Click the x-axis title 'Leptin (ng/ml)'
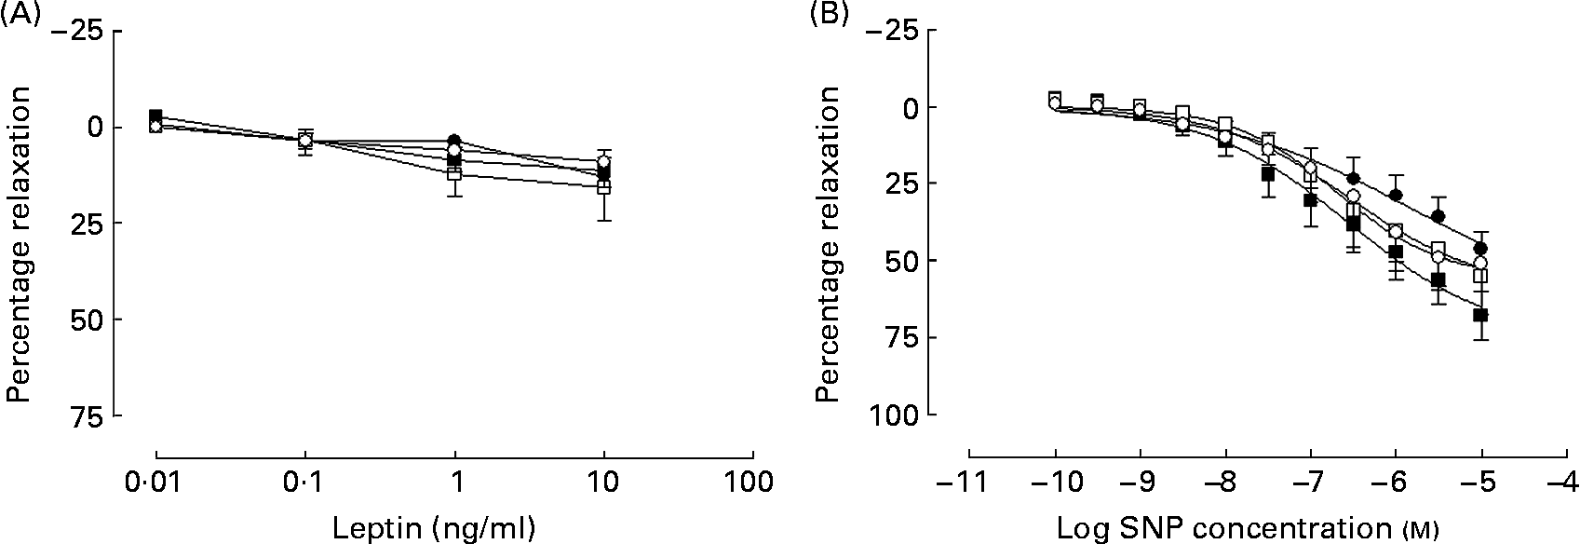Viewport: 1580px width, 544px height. coord(434,527)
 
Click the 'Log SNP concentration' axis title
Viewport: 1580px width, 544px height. coord(1248,527)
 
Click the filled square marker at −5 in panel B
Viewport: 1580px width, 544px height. coord(1480,316)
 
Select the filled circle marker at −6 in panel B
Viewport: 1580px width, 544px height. coord(1396,195)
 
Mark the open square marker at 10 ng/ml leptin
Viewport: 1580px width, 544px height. coord(604,187)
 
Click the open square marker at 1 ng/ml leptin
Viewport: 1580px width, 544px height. coord(454,173)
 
